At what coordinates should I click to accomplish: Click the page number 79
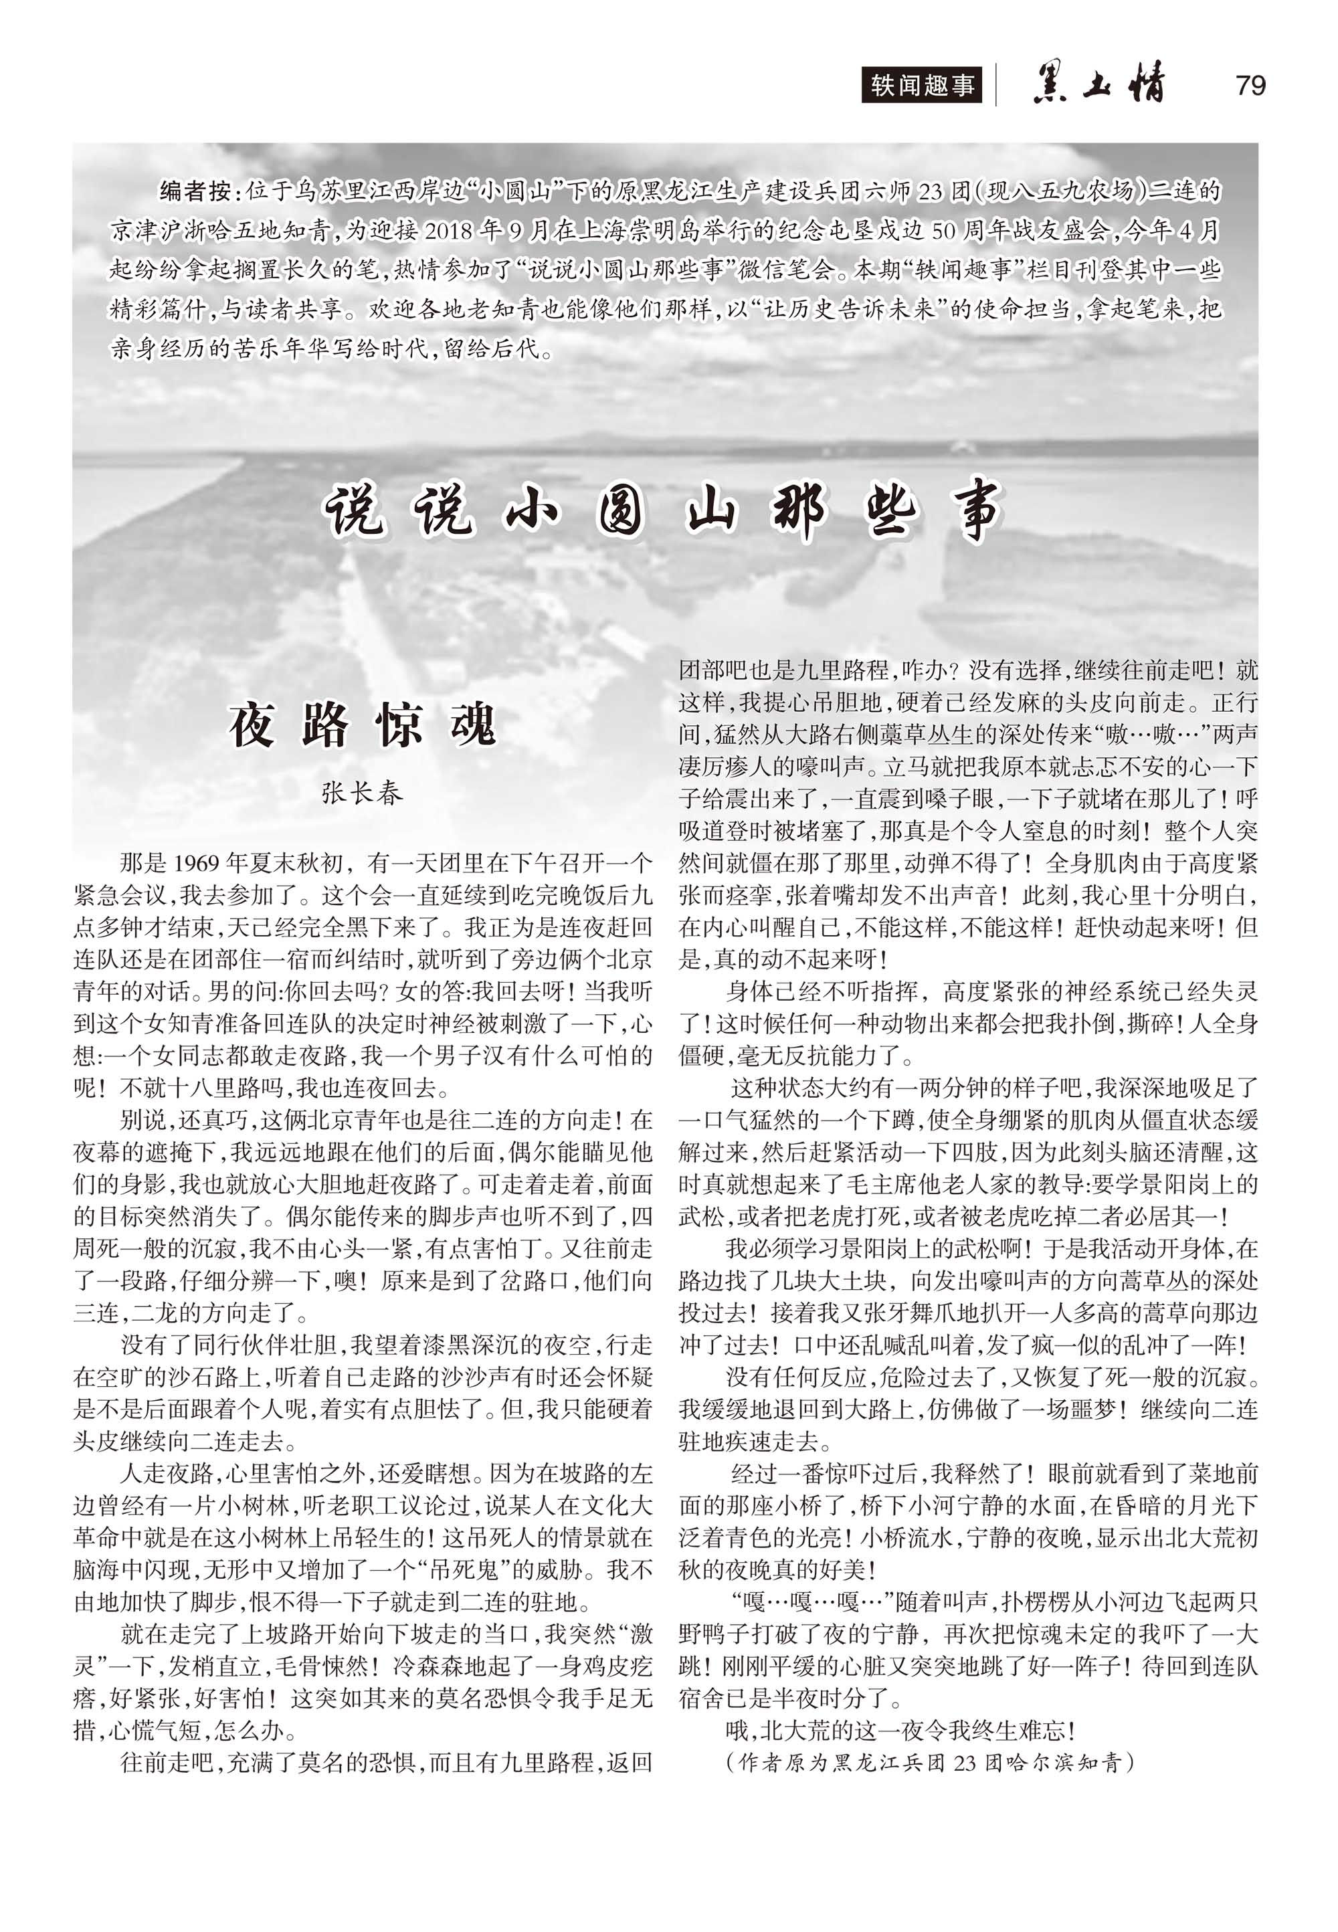coord(1250,86)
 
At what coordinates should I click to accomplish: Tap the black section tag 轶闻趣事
coord(921,86)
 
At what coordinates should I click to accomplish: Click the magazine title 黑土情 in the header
coord(1099,85)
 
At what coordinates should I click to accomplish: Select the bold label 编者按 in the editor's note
coord(195,191)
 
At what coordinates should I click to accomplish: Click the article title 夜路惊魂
coord(362,725)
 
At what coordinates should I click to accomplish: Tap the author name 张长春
coord(362,792)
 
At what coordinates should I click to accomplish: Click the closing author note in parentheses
coord(930,1763)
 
